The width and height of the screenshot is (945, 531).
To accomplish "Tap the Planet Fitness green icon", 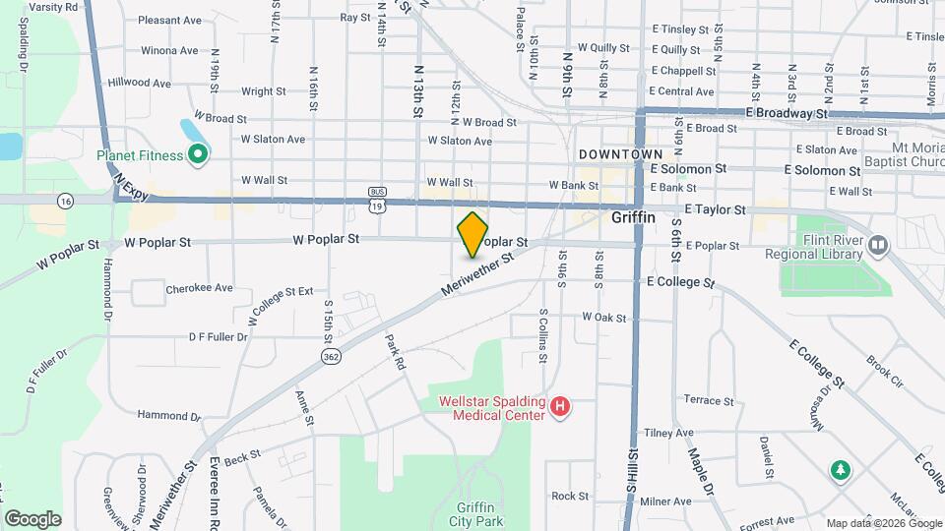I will pos(197,154).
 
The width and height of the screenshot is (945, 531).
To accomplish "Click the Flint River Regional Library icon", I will pos(878,243).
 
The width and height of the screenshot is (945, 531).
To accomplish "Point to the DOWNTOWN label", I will pos(620,154).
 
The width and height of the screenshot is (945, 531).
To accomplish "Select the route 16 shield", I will pos(66,200).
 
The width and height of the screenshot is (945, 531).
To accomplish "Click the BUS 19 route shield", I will pos(377,199).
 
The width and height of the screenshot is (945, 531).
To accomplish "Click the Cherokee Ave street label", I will pos(199,288).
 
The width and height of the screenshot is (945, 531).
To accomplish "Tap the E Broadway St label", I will pos(787,113).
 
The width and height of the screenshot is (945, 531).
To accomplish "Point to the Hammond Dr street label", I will pos(161,415).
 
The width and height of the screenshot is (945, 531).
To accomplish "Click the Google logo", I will pos(32,518).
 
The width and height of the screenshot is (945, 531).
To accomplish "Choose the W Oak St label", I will pos(604,317).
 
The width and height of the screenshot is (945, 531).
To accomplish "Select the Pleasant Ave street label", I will pos(169,20).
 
